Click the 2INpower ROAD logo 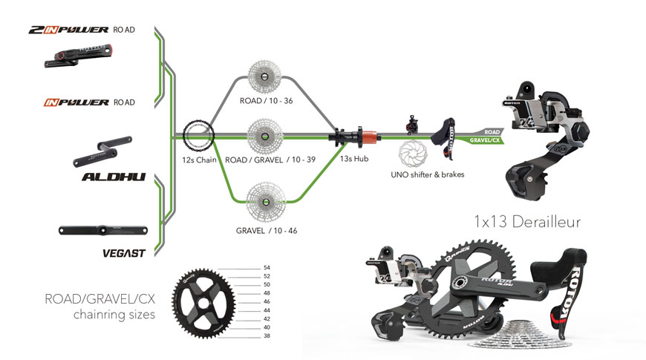coord(82,30)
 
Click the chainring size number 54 coord(267,267)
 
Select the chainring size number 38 coord(267,336)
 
